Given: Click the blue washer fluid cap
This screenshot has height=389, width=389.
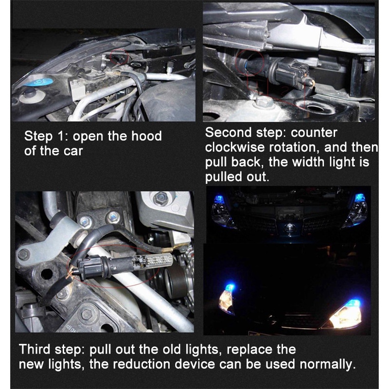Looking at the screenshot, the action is pyautogui.click(x=39, y=81).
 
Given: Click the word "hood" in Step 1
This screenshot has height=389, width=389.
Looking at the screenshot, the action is pyautogui.click(x=146, y=136).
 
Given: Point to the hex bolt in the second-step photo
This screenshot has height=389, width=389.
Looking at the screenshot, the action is pyautogui.click(x=264, y=101).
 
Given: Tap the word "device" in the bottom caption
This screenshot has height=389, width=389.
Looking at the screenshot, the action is pyautogui.click(x=195, y=364).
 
